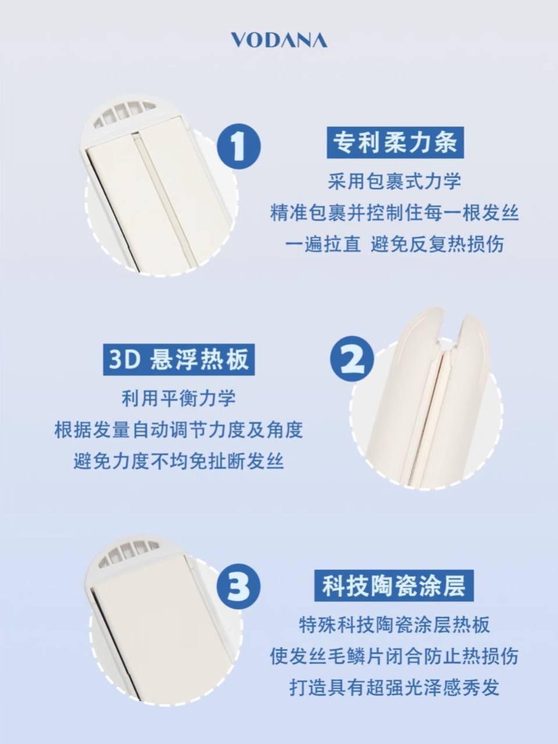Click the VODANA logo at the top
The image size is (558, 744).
[x=279, y=40]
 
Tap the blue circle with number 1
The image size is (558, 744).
[x=239, y=146]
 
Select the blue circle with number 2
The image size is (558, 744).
[x=352, y=358]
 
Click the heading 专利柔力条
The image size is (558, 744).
[x=395, y=142]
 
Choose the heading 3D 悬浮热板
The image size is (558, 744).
[x=178, y=359]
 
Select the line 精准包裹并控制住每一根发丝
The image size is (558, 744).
[x=394, y=213]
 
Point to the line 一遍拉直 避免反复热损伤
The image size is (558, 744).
[x=394, y=244]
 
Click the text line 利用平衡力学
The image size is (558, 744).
[x=178, y=398]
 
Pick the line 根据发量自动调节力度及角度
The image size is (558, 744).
[x=178, y=430]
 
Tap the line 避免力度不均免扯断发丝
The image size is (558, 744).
[x=178, y=461]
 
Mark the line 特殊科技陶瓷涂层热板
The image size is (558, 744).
[x=394, y=625]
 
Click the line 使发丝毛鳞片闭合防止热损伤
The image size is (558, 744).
[x=394, y=656]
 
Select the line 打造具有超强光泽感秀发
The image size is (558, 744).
[x=394, y=688]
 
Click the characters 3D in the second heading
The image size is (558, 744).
[x=124, y=360]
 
